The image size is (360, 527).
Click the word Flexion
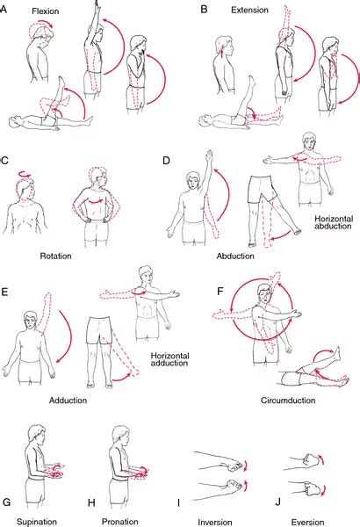point(46,11)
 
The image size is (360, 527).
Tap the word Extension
point(249,10)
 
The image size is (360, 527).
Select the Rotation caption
point(56,256)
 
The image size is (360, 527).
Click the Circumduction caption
point(288,401)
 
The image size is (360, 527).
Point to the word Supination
point(37,522)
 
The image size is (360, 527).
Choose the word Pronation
point(120,522)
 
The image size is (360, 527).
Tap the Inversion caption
point(215,523)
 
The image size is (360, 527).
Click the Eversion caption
point(307,523)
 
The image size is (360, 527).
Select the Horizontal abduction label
point(334,222)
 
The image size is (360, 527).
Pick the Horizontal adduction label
point(169,359)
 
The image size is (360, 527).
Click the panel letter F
point(220,291)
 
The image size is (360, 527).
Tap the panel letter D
point(166,161)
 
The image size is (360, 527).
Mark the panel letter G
point(6,502)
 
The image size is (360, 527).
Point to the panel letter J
point(277,502)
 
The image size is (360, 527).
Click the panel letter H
point(91,502)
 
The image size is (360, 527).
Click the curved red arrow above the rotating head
point(25,174)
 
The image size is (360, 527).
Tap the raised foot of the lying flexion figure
point(61,81)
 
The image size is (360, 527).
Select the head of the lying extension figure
point(205,121)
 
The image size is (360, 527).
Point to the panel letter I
point(178,502)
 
